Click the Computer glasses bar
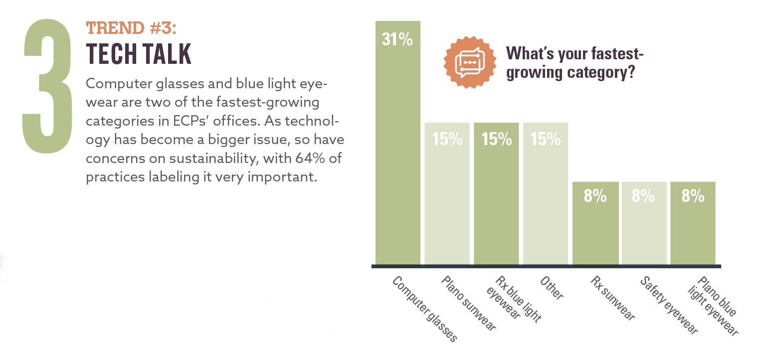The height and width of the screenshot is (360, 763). pyautogui.click(x=397, y=150)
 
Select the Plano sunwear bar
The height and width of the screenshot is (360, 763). pyautogui.click(x=447, y=199)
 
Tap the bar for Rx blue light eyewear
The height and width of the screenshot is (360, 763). pyautogui.click(x=496, y=199)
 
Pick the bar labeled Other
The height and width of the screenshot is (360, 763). pyautogui.click(x=546, y=199)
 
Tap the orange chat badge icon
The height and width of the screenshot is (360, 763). pyautogui.click(x=470, y=62)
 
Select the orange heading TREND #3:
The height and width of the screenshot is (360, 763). pyautogui.click(x=131, y=28)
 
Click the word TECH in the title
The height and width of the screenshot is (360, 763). pyautogui.click(x=109, y=54)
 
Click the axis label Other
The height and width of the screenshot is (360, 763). pyautogui.click(x=552, y=288)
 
